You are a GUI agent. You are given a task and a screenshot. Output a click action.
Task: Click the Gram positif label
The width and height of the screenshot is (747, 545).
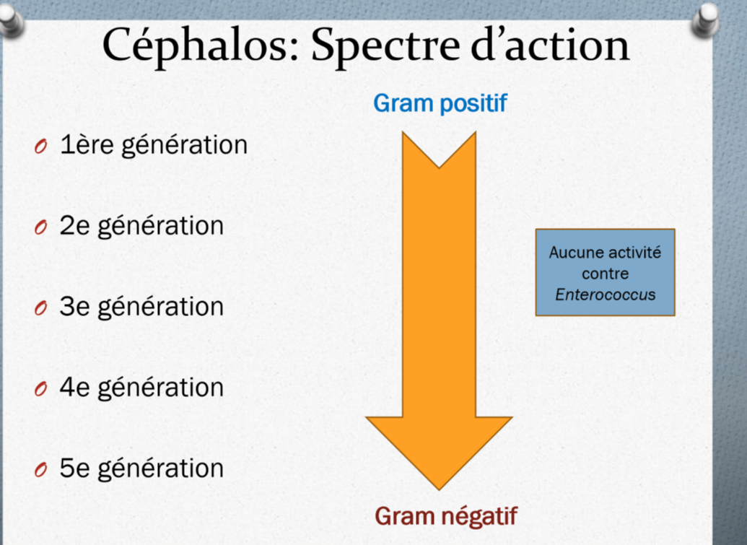[440, 104]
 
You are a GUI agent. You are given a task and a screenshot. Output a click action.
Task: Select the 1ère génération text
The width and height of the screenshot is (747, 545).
[153, 145]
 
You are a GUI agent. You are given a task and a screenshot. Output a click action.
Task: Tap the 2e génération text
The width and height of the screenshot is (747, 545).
[141, 226]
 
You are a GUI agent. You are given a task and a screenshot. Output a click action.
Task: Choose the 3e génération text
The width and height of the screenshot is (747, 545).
[141, 307]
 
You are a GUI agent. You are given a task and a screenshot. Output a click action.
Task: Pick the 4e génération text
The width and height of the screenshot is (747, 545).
[141, 388]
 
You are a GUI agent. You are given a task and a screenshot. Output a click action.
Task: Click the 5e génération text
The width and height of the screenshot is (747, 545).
[141, 468]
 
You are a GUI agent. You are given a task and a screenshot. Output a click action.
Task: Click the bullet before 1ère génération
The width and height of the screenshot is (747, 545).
[40, 147]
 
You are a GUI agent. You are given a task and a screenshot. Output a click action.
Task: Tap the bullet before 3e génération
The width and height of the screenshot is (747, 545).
[40, 309]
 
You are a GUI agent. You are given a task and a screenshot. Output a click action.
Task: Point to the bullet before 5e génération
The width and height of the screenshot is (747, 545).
[40, 471]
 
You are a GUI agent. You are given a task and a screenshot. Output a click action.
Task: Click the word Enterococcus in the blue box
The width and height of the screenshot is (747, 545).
[605, 295]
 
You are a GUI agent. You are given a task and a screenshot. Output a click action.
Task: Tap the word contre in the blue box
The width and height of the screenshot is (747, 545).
[605, 274]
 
